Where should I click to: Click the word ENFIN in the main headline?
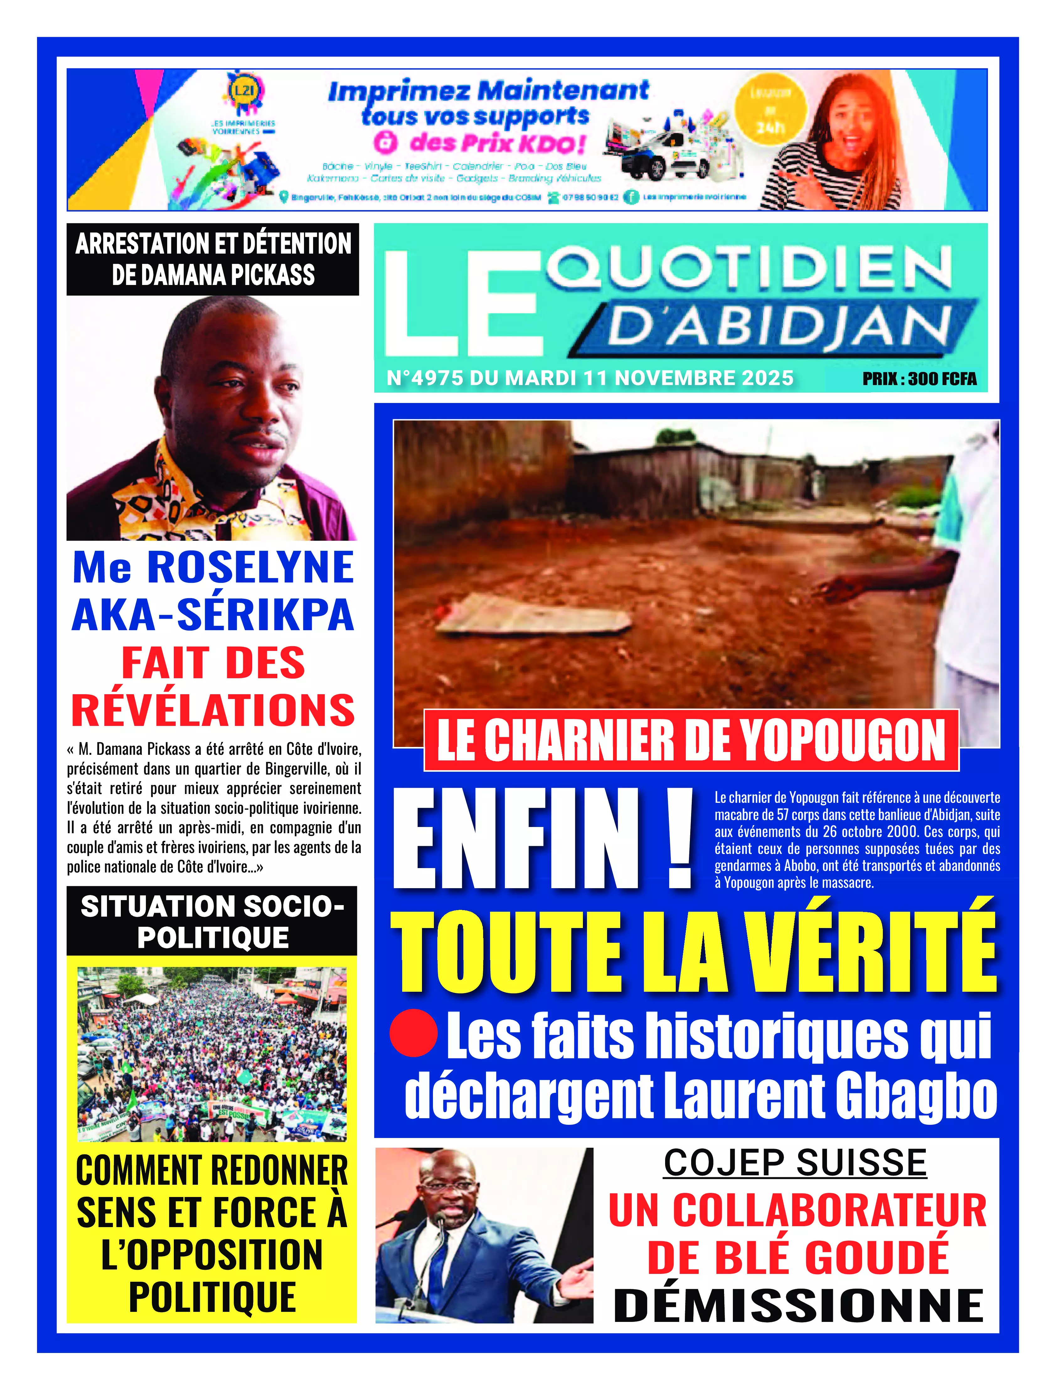click(x=515, y=839)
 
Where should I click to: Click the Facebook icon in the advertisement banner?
click(x=631, y=197)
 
